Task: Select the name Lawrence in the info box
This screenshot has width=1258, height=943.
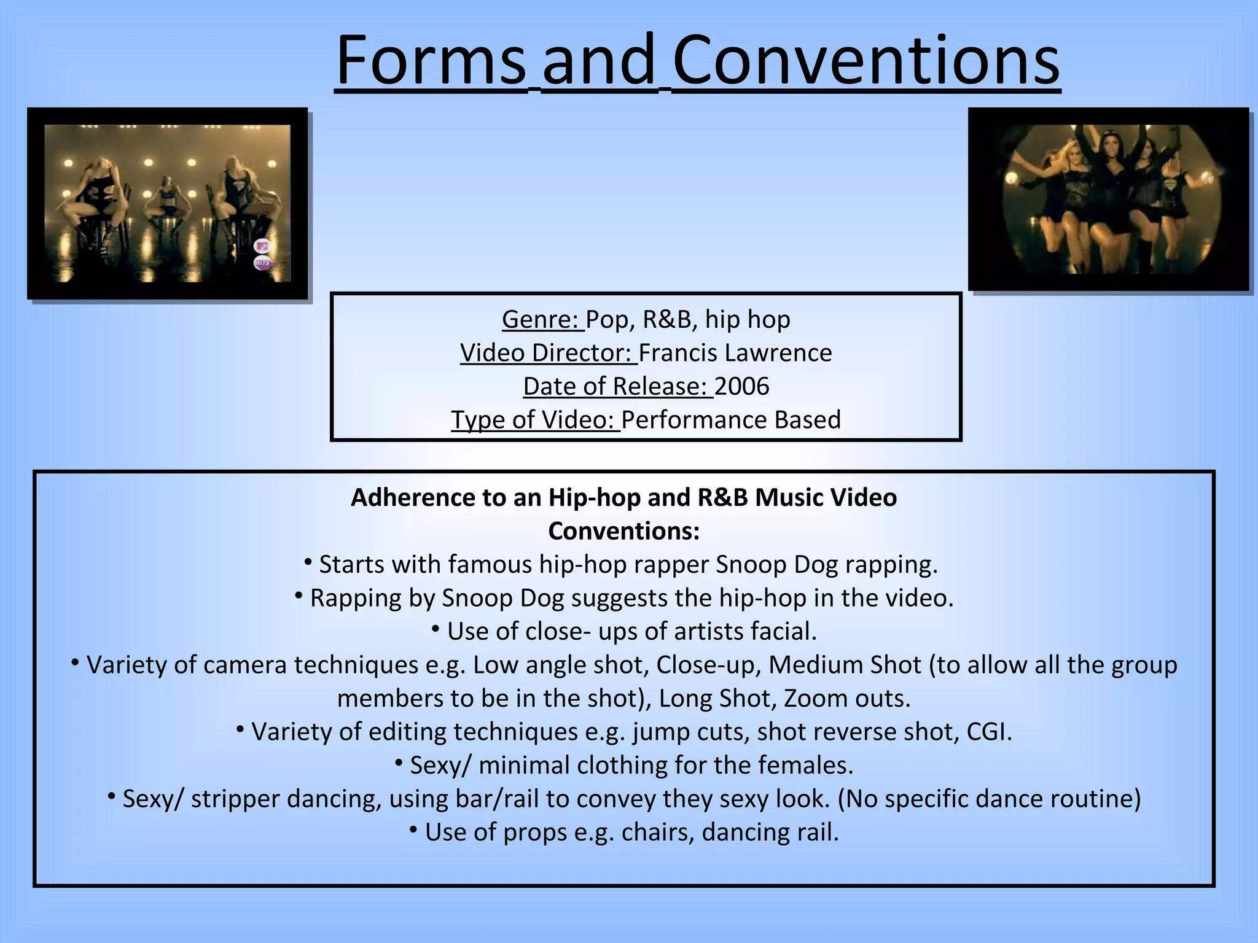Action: coord(778,353)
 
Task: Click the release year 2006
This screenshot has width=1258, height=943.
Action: coord(741,386)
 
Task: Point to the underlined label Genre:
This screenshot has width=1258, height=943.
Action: coord(542,319)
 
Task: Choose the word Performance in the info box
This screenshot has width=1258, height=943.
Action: coord(693,420)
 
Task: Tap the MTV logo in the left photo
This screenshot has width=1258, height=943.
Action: coord(262,246)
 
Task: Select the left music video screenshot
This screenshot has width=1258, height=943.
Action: coord(167,203)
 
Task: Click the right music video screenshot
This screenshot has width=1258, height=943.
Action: coord(1109,199)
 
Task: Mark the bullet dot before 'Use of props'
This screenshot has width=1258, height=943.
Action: coord(413,831)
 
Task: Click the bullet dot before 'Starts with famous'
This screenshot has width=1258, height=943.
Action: coord(308,562)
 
